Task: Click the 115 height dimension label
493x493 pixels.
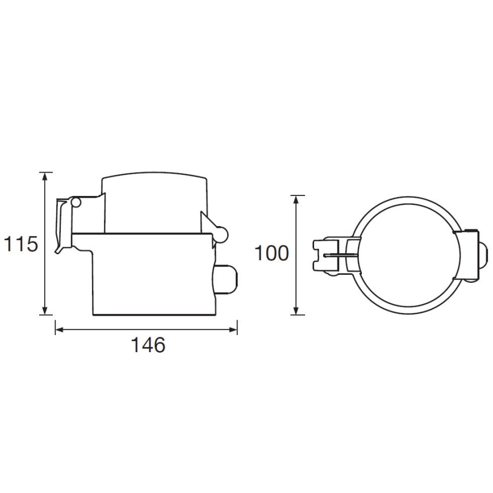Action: [x=21, y=244]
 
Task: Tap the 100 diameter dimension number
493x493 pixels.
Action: [x=271, y=254]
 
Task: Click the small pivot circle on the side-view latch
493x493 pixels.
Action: [x=77, y=202]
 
